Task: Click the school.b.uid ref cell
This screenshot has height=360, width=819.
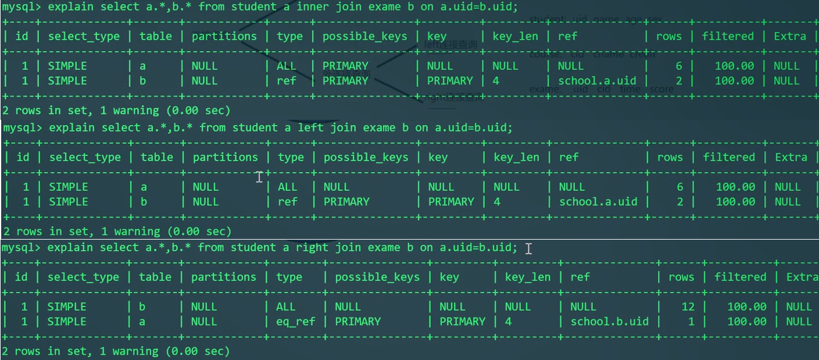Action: pyautogui.click(x=609, y=321)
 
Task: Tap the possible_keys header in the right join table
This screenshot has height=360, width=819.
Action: pyautogui.click(x=377, y=277)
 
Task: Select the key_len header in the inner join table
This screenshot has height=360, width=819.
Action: pyautogui.click(x=515, y=36)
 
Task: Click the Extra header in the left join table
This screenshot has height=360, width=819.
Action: pyautogui.click(x=791, y=157)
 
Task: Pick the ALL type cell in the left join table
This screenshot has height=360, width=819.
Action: pyautogui.click(x=287, y=187)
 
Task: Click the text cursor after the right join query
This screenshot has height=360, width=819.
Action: pyautogui.click(x=528, y=248)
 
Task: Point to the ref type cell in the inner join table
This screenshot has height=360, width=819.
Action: pyautogui.click(x=287, y=80)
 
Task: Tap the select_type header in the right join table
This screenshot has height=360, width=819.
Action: pyautogui.click(x=83, y=277)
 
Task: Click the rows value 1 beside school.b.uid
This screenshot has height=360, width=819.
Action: pyautogui.click(x=691, y=321)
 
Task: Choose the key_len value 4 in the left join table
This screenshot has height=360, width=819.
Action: pyautogui.click(x=497, y=202)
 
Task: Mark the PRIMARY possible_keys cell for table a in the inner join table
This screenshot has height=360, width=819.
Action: pyautogui.click(x=345, y=66)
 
